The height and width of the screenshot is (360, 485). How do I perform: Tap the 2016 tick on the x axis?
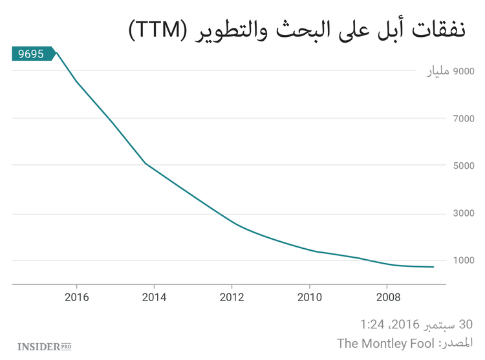77,297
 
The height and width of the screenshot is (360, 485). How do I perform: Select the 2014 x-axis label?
155,297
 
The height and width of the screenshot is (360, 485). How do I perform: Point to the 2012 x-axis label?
232,297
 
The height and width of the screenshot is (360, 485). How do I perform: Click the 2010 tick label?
309,297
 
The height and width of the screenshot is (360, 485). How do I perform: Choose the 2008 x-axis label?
387,297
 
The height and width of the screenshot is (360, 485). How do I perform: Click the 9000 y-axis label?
462,71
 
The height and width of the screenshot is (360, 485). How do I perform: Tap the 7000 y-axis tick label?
462,118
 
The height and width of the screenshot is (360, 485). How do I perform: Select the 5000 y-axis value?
462,165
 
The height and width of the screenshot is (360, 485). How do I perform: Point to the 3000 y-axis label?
462,213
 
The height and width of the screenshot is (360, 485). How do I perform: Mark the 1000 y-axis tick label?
462,260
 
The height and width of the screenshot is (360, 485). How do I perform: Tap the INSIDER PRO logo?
44,347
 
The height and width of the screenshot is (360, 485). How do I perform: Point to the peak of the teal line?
56,52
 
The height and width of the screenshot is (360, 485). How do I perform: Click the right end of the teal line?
433,267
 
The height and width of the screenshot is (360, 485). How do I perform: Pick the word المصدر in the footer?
455,343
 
